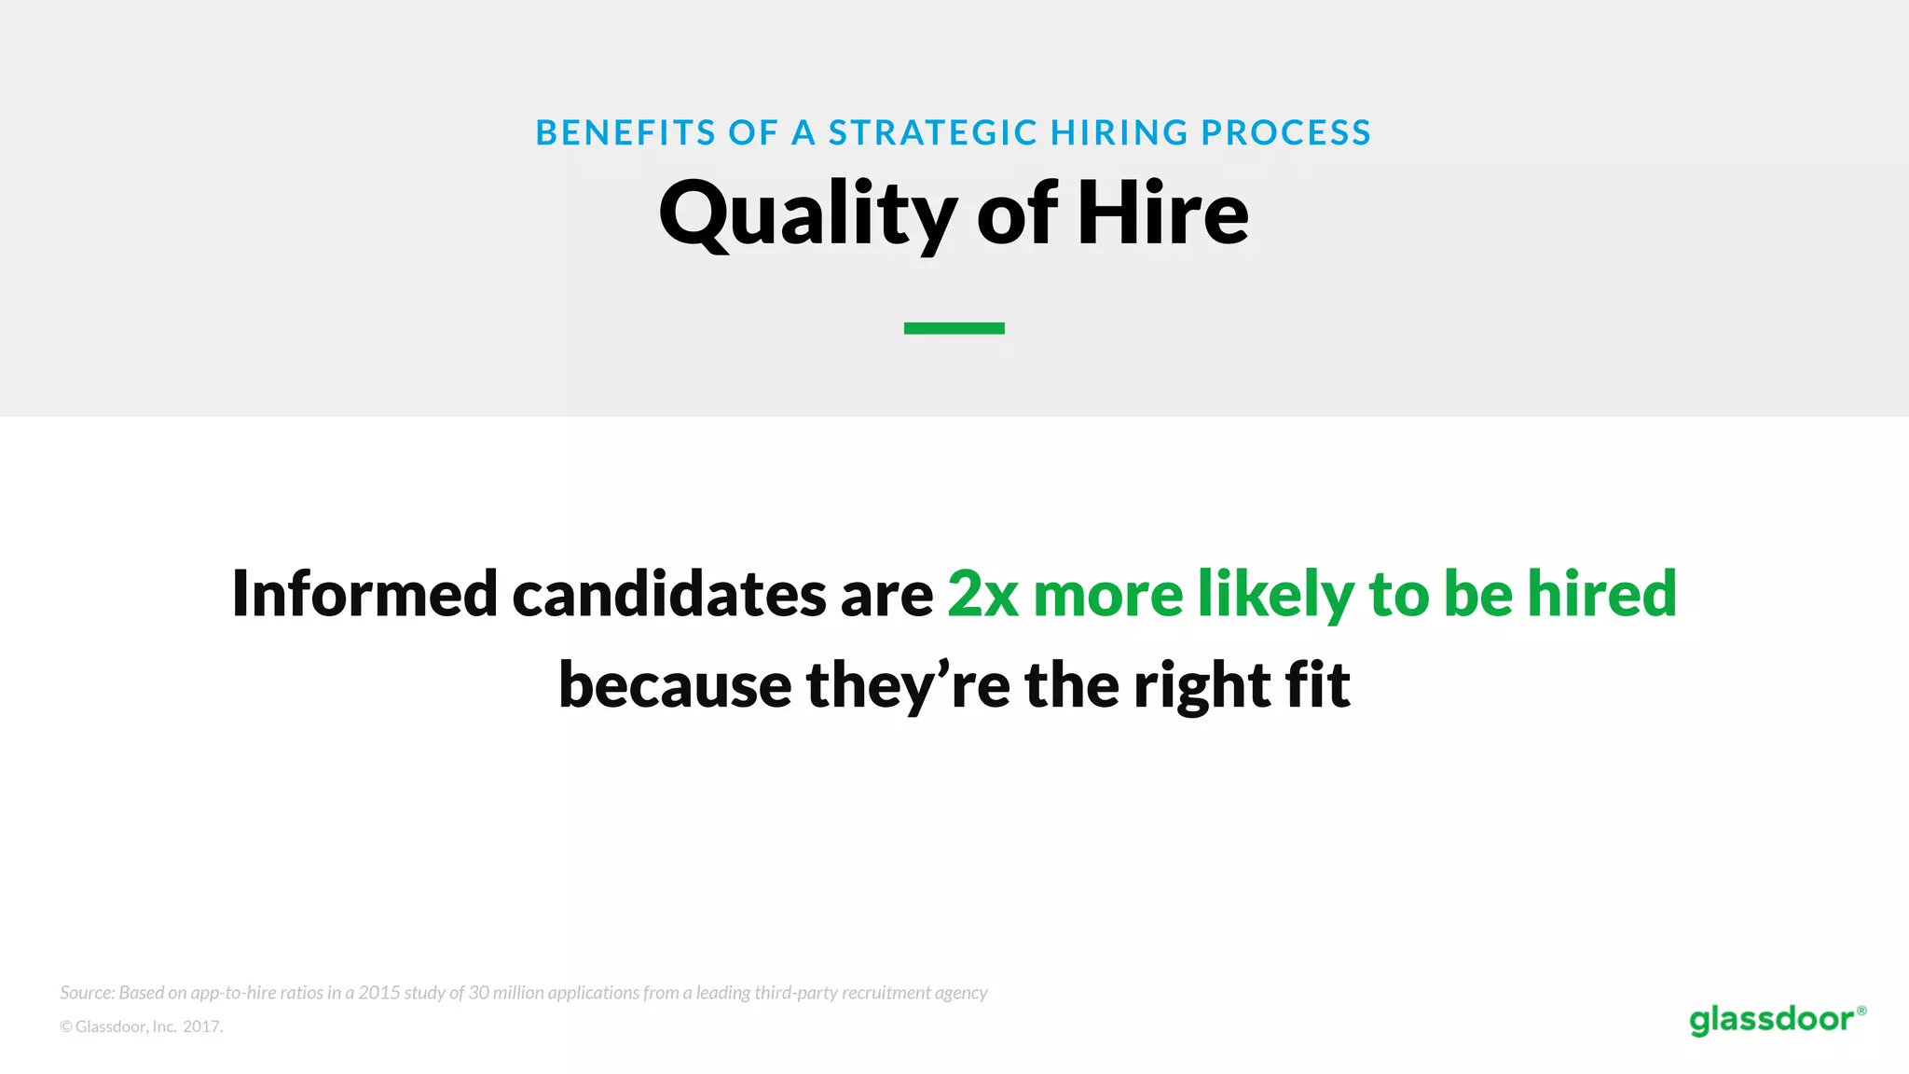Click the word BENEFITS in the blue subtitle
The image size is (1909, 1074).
tap(625, 133)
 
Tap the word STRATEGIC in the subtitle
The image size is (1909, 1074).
tap(933, 133)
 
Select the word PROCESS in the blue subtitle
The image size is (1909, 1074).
tap(1286, 133)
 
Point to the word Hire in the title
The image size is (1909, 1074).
tap(1162, 214)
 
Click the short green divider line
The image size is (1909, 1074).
tap(954, 328)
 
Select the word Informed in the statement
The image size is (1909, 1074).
tap(364, 594)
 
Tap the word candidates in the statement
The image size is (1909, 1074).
tap(668, 594)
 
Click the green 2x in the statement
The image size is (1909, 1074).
tap(982, 594)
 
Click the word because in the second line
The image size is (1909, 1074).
tap(675, 685)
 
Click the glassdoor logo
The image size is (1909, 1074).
tap(1777, 1019)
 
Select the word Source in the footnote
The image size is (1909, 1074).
tap(87, 993)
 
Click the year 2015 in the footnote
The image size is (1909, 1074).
tap(378, 993)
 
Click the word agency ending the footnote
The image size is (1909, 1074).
tap(961, 994)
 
